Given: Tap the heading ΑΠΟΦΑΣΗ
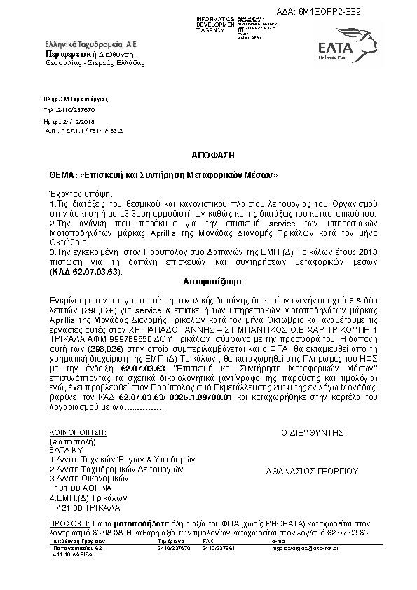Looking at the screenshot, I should (x=208, y=152).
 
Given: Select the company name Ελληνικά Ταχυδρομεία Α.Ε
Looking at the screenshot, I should (x=91, y=43).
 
